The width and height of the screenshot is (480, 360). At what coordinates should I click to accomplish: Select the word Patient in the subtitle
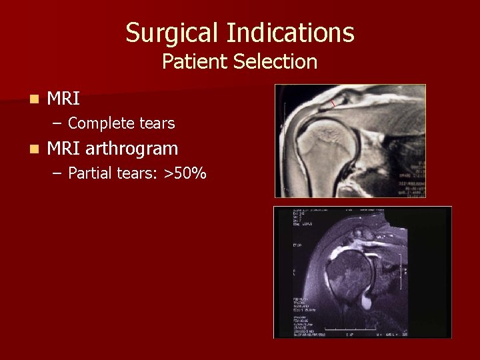[x=195, y=62]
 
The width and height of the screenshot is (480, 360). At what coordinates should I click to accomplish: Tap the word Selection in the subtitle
[x=275, y=62]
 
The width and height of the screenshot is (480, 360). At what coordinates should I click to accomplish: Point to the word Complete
[x=101, y=123]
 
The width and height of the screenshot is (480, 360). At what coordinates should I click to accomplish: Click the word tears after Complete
[x=156, y=123]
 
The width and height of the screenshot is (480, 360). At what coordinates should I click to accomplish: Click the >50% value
[x=185, y=174]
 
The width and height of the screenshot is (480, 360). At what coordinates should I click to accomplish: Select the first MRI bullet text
[x=64, y=99]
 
